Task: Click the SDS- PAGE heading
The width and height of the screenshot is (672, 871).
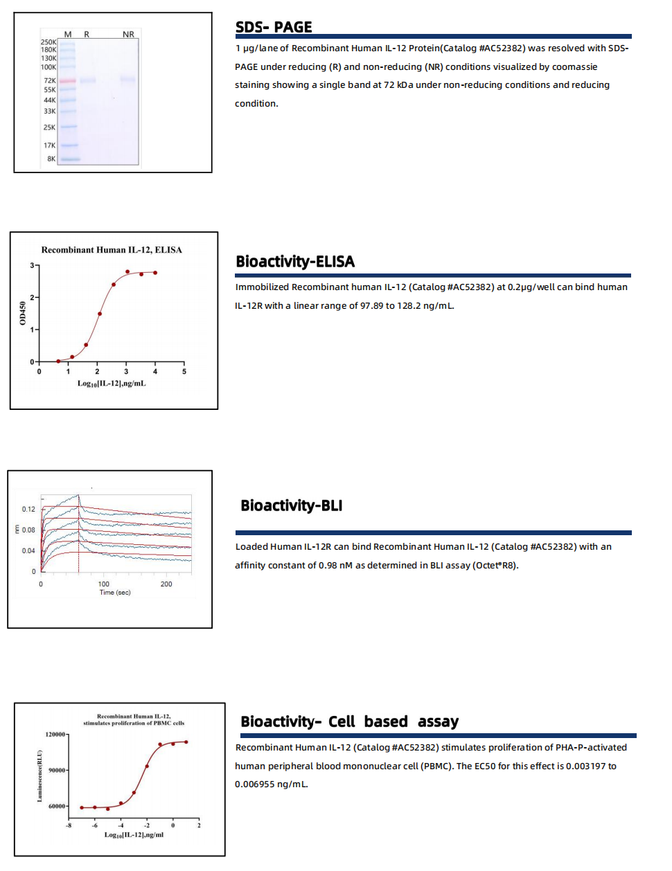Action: pyautogui.click(x=274, y=27)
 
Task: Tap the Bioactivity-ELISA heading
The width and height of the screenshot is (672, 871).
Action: pyautogui.click(x=295, y=261)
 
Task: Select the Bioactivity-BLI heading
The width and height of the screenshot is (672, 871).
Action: pyautogui.click(x=291, y=505)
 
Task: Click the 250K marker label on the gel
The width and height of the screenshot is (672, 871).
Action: pyautogui.click(x=48, y=42)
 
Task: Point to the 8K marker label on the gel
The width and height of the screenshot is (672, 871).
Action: pyautogui.click(x=51, y=159)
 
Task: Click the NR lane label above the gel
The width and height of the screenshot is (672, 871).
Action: pyautogui.click(x=128, y=34)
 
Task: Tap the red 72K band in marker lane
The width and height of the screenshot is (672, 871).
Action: pyautogui.click(x=67, y=81)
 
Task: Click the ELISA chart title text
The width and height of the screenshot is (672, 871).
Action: pyautogui.click(x=112, y=250)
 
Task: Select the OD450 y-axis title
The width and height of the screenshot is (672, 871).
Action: pyautogui.click(x=23, y=313)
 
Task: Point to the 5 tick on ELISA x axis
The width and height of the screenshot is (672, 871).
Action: pyautogui.click(x=184, y=372)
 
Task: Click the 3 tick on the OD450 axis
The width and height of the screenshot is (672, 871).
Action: pyautogui.click(x=32, y=265)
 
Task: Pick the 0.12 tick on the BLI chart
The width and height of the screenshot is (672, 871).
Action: pyautogui.click(x=28, y=509)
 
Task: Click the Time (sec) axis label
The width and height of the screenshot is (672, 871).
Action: pyautogui.click(x=115, y=593)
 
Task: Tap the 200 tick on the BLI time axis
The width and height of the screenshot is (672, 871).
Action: pyautogui.click(x=166, y=584)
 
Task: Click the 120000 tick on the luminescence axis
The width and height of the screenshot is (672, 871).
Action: pyautogui.click(x=55, y=734)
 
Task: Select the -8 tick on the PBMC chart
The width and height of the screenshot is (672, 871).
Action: pyautogui.click(x=69, y=825)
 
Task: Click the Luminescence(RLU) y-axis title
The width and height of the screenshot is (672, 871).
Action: pyautogui.click(x=39, y=776)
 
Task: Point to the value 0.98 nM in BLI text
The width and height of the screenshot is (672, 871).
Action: pyautogui.click(x=335, y=565)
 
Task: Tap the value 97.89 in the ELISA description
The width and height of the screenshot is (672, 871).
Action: pyautogui.click(x=371, y=305)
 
